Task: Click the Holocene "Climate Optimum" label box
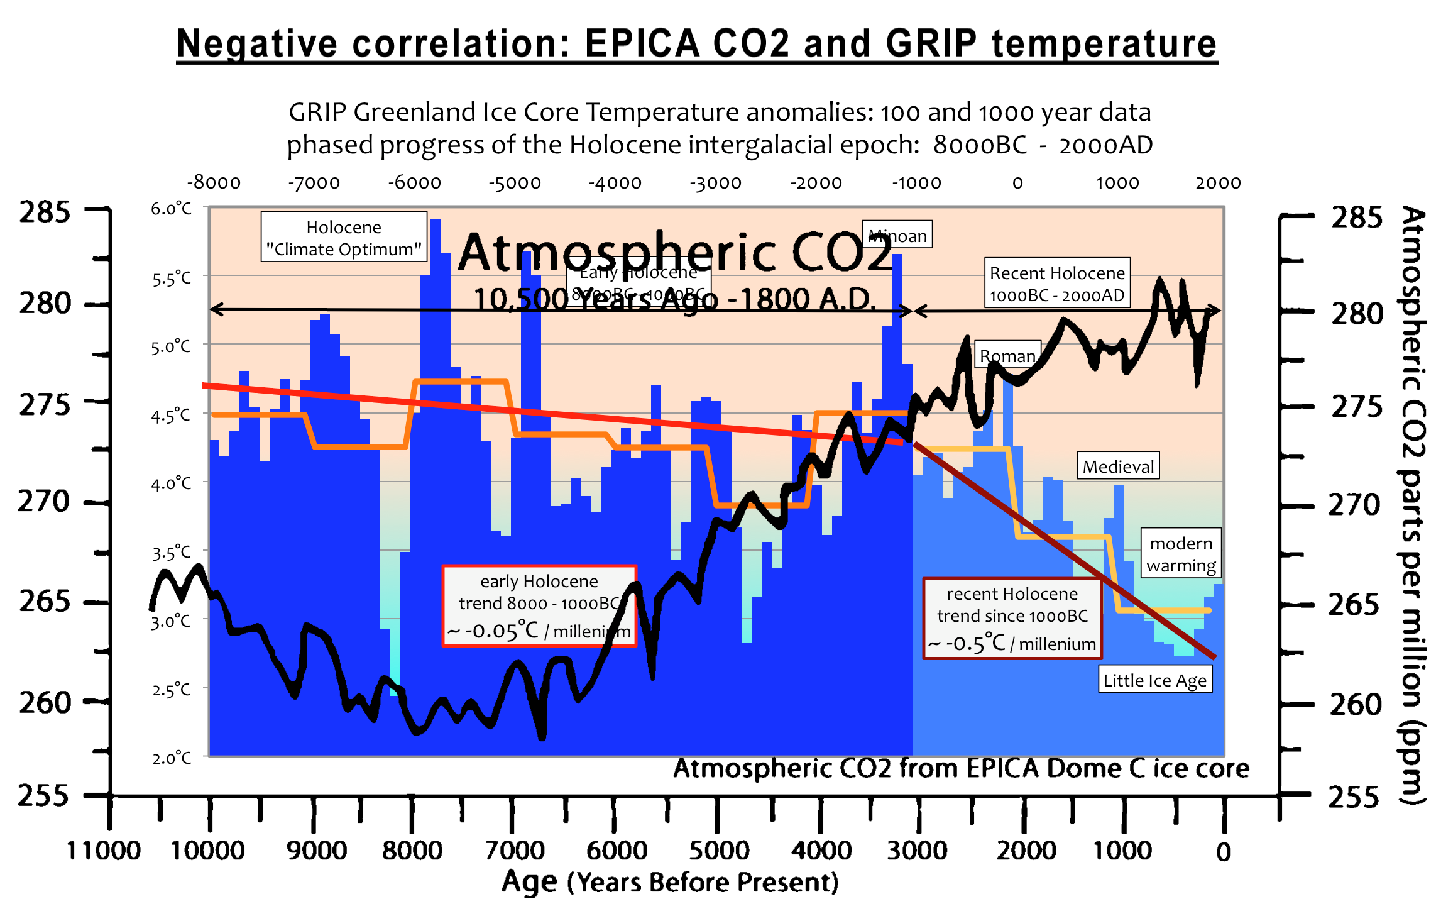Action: (x=344, y=238)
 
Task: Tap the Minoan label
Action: (x=897, y=235)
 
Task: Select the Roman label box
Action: (x=1007, y=356)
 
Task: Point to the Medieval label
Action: (x=1118, y=466)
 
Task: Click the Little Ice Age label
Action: (x=1154, y=680)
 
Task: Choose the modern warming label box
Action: (x=1181, y=554)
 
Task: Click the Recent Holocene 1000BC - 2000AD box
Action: (x=1057, y=284)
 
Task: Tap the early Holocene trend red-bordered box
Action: (x=539, y=606)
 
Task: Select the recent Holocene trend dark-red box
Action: (x=1012, y=619)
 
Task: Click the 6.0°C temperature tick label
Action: (x=171, y=209)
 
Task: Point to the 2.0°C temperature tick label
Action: (x=171, y=758)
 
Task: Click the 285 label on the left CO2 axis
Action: (x=44, y=212)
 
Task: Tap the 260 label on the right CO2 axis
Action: (x=1356, y=704)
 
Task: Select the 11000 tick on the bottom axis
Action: (x=104, y=851)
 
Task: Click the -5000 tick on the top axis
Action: (x=515, y=183)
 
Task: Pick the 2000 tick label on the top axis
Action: (x=1218, y=183)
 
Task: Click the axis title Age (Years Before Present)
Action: (x=670, y=881)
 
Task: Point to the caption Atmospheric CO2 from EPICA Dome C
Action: (x=961, y=768)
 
